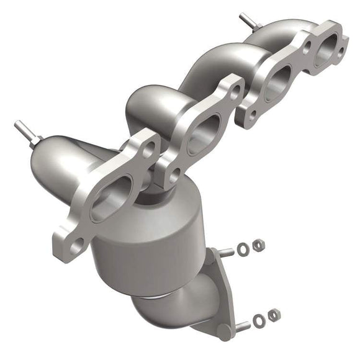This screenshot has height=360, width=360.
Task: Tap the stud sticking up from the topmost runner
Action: coord(248,20)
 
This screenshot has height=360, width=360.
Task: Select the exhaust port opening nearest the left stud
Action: coord(112,197)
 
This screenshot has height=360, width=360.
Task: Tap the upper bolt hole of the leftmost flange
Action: coord(149,150)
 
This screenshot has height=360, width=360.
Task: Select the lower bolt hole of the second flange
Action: coord(174,173)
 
